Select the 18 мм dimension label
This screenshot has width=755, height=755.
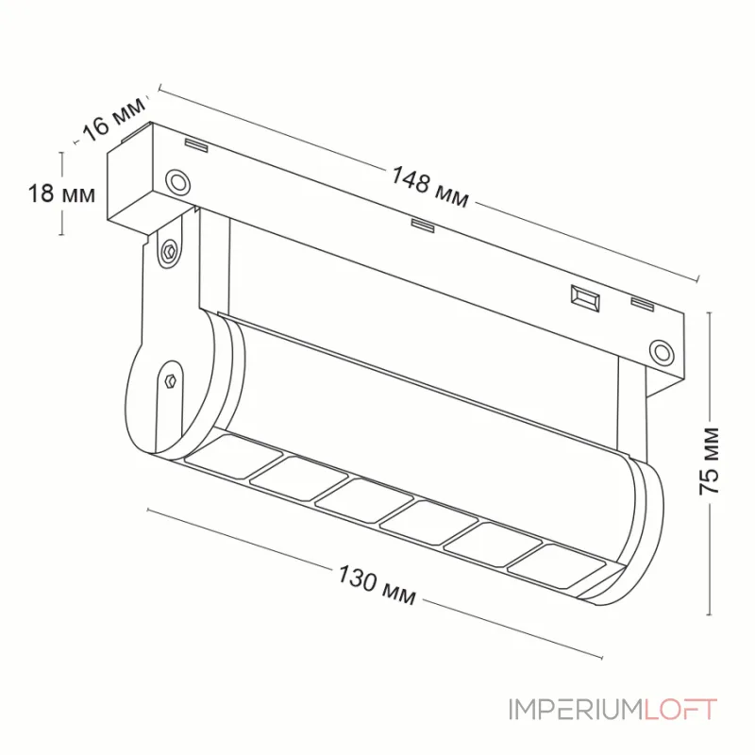pyautogui.click(x=60, y=194)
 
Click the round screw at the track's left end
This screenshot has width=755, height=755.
pyautogui.click(x=176, y=180)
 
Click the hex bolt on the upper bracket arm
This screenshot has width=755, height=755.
pyautogui.click(x=170, y=251)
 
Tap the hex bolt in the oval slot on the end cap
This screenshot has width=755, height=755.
pyautogui.click(x=169, y=380)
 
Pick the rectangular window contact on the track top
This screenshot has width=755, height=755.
pyautogui.click(x=584, y=297)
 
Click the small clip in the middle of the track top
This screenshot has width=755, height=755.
pyautogui.click(x=422, y=224)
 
